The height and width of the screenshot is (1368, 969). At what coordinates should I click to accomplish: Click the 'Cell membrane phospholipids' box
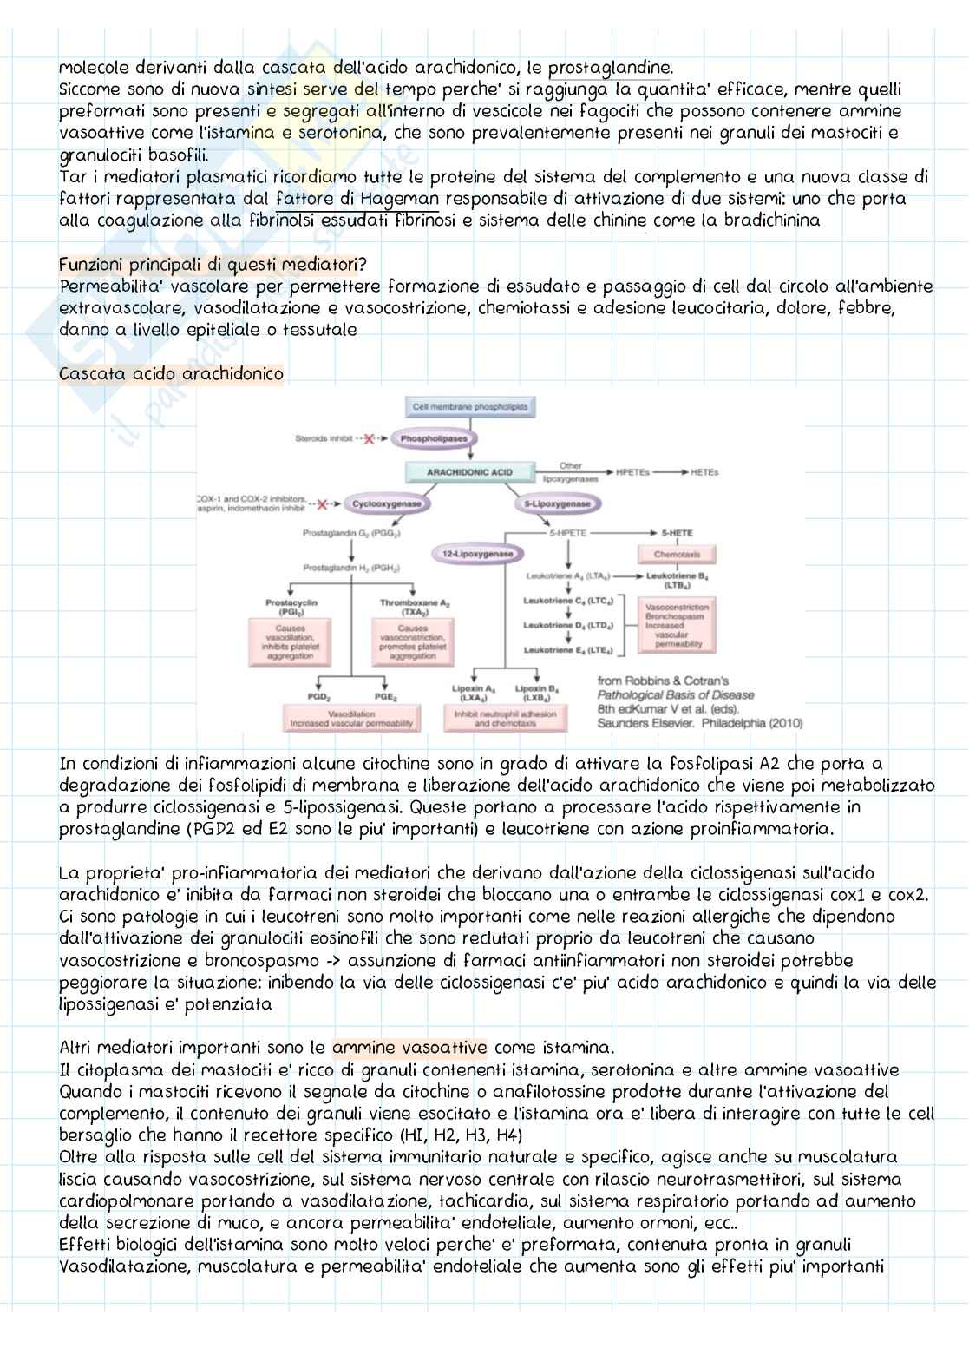pos(469,406)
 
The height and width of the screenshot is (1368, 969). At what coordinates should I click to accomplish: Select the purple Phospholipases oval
pos(433,438)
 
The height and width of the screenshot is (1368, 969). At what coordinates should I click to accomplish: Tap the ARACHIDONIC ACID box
pos(469,472)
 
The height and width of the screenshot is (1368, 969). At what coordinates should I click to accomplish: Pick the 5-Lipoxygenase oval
pos(557,503)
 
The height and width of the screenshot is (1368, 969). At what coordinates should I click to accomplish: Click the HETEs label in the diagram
pos(704,472)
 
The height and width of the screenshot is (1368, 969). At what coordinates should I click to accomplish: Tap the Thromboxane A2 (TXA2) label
pos(415,607)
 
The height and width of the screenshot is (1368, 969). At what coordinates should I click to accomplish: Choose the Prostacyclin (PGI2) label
pos(291,607)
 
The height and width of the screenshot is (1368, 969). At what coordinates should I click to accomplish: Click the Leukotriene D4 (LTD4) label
pos(568,625)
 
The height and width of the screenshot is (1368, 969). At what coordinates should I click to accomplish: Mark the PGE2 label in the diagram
pos(386,697)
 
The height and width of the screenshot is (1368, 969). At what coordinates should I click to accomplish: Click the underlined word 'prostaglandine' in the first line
pos(610,68)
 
